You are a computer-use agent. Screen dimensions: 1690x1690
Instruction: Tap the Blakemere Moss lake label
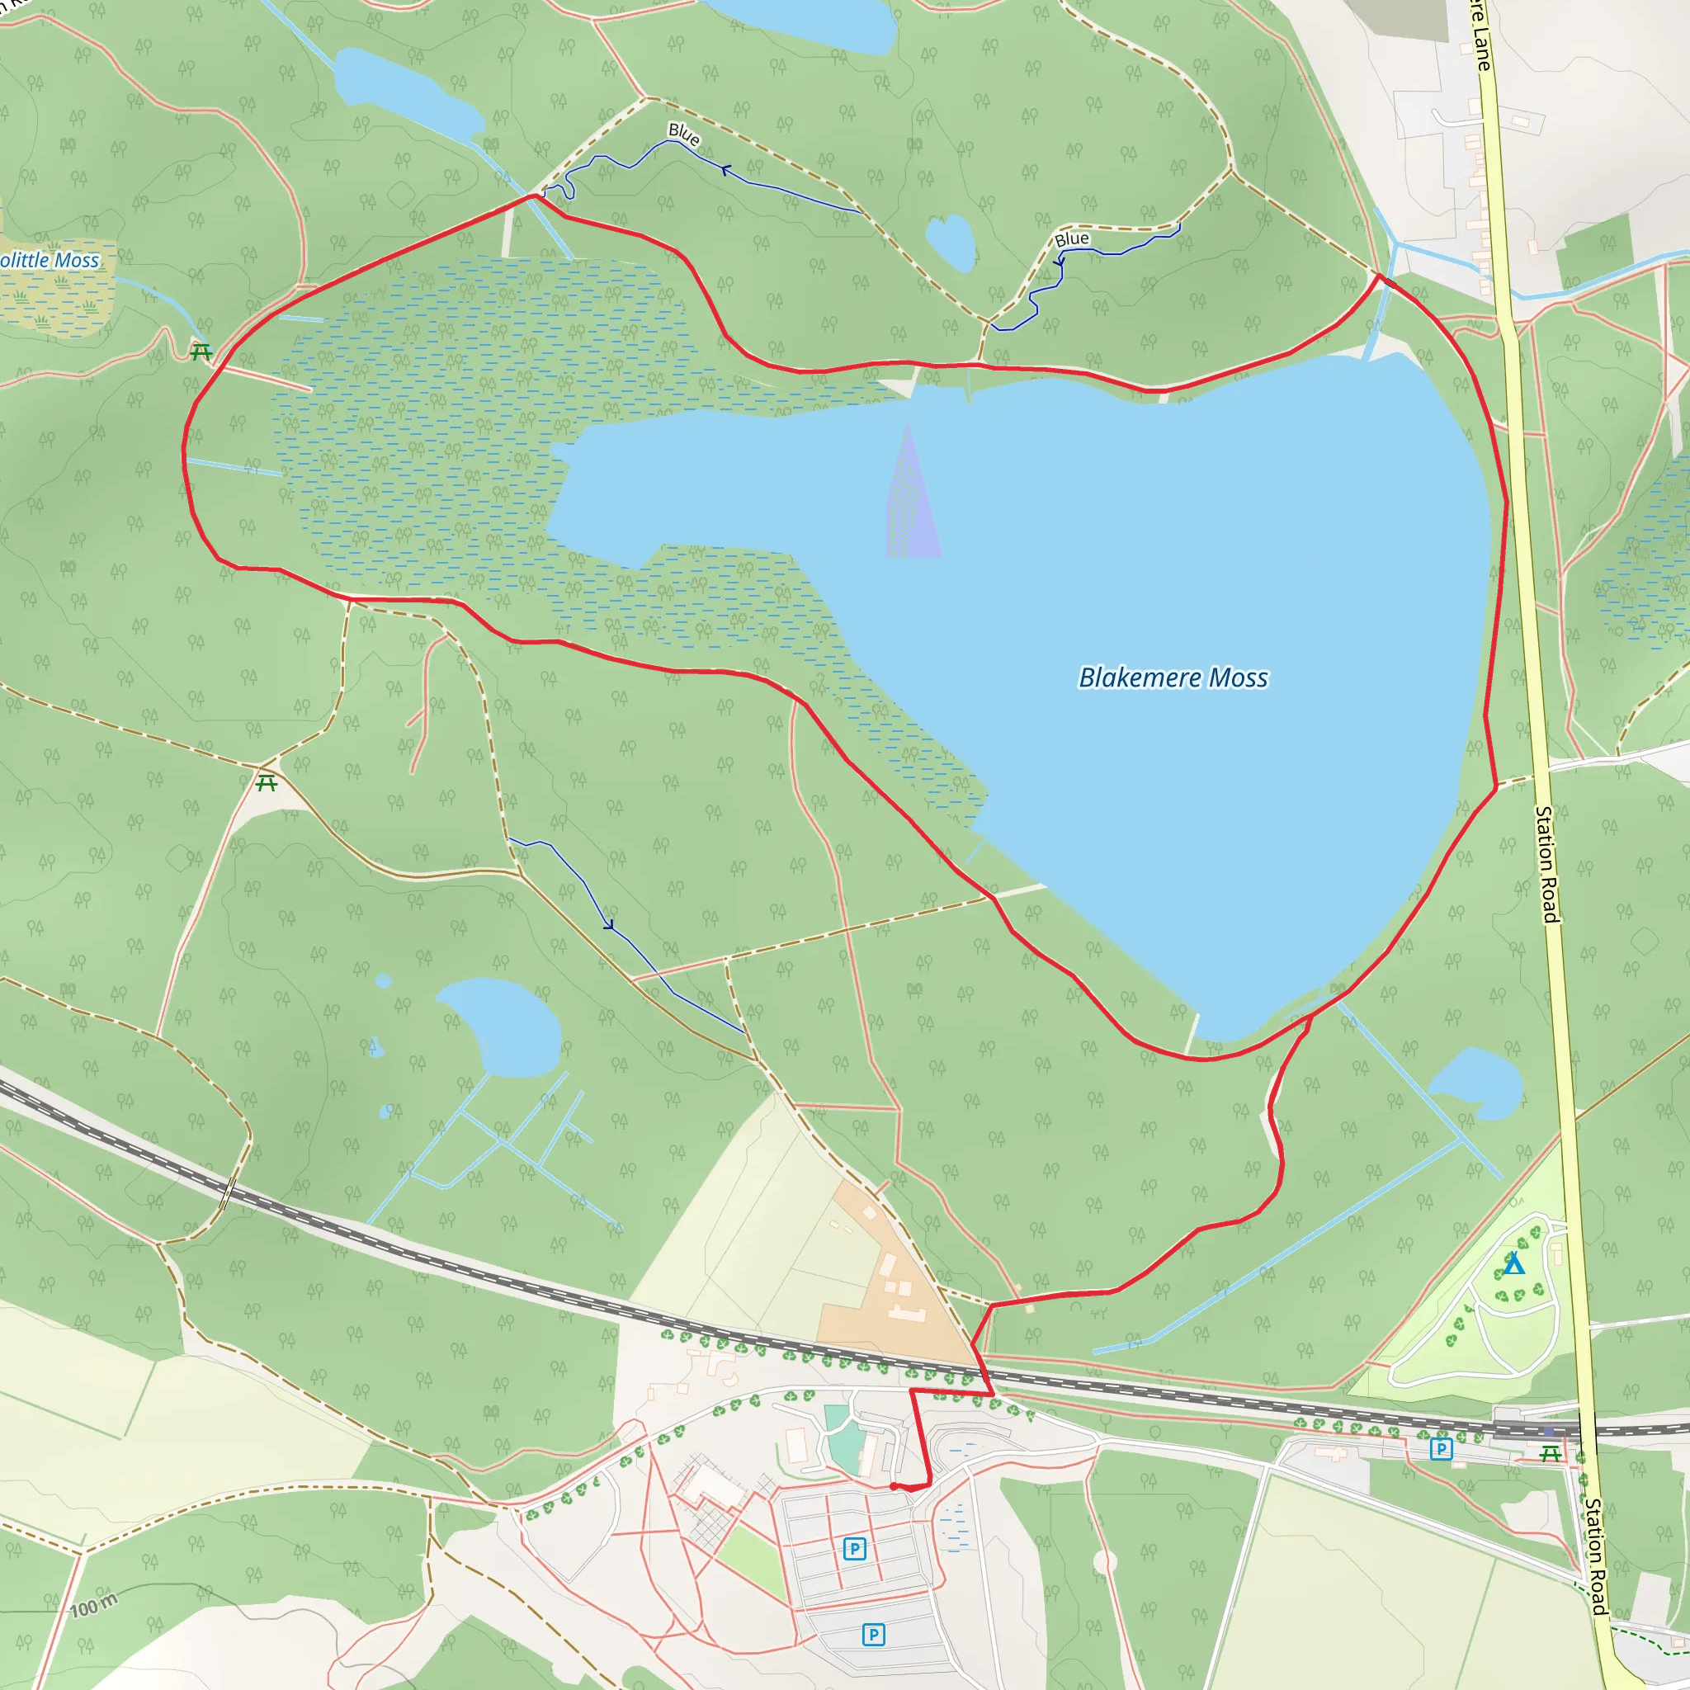click(1173, 678)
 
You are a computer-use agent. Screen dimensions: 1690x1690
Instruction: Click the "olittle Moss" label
click(50, 260)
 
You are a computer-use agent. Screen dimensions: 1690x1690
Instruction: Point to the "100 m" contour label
click(93, 1606)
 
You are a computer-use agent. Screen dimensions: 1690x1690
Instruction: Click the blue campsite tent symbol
click(1514, 1264)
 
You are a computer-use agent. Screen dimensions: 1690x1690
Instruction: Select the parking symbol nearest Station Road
click(1441, 1449)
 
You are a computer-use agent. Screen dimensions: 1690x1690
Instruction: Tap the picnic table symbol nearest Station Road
click(1550, 1453)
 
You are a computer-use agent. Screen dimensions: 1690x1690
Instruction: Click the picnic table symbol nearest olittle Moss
click(201, 352)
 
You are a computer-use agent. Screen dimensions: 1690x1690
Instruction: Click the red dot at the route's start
click(893, 1486)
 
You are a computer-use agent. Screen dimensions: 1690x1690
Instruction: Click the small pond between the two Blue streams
click(951, 242)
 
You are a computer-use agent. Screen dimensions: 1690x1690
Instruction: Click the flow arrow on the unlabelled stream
click(608, 923)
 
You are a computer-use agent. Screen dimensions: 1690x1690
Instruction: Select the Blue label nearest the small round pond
click(1072, 238)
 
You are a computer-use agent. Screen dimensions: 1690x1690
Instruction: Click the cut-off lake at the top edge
click(805, 23)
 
